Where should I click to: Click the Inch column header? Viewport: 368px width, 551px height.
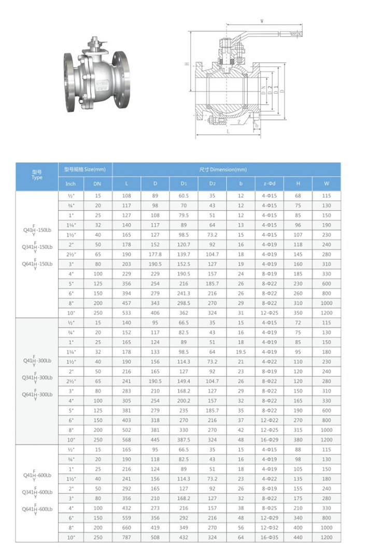70,183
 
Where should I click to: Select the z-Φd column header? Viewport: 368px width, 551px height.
269,183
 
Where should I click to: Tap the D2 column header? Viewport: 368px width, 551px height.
213,183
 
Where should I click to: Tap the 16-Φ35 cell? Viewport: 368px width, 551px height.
269,538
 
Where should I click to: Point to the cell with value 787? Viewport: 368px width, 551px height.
126,538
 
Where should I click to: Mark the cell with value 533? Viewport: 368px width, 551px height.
126,314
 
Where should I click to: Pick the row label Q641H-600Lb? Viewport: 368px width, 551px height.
37,510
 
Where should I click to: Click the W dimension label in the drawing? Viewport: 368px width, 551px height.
262,21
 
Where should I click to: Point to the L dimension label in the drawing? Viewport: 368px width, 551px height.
228,132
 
